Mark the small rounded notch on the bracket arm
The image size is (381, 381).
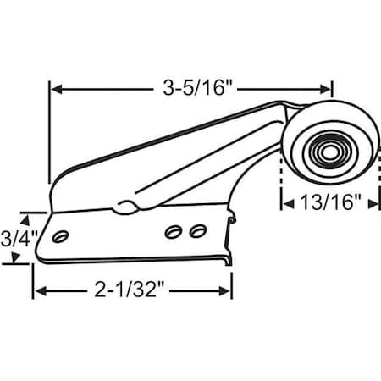point(125,204)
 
